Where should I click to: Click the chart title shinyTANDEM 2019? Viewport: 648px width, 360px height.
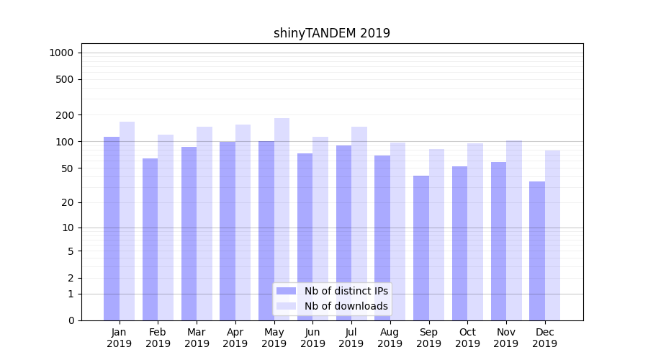tap(332, 33)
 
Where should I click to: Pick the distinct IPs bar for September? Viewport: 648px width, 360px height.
tap(421, 248)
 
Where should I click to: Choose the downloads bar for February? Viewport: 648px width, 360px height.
tap(166, 228)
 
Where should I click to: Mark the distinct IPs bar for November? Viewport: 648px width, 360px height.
tap(498, 241)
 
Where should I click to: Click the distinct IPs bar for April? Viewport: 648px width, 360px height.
tap(228, 231)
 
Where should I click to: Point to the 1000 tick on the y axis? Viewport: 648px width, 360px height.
tap(62, 53)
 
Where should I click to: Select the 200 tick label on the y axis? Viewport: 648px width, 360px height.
tap(65, 115)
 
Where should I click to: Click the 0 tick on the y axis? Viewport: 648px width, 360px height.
tap(71, 320)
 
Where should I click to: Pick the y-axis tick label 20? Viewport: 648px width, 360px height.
tap(68, 202)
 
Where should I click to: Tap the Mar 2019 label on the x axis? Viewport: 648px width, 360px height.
tap(197, 338)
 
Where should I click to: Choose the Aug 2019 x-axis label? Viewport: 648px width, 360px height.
tap(390, 338)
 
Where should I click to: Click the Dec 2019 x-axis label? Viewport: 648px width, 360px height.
tap(544, 338)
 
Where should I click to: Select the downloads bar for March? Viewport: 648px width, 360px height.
tap(204, 223)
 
